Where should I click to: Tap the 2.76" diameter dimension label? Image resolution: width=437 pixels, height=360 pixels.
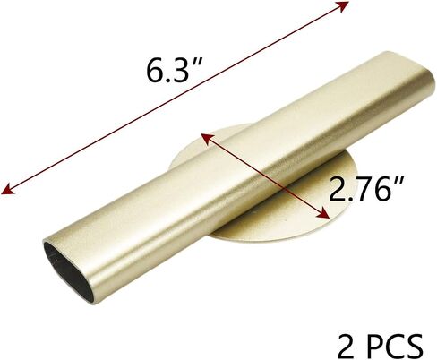tap(366, 188)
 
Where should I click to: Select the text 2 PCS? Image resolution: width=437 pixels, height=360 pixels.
tap(381, 346)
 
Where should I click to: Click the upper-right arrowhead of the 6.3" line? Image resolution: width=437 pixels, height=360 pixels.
tap(343, 5)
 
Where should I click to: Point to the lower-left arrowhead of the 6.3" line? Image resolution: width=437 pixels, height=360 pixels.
tap(7, 190)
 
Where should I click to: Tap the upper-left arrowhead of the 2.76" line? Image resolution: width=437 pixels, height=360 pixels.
tap(205, 138)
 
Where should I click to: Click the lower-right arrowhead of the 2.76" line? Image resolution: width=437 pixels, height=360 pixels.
tap(323, 213)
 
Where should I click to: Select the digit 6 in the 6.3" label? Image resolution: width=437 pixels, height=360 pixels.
tap(155, 71)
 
